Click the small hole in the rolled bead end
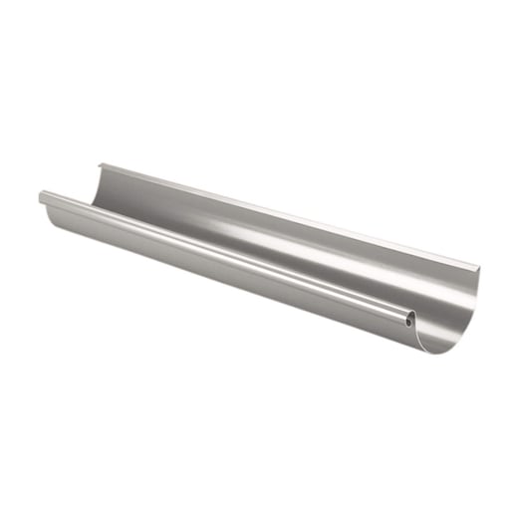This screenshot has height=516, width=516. [410, 321]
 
